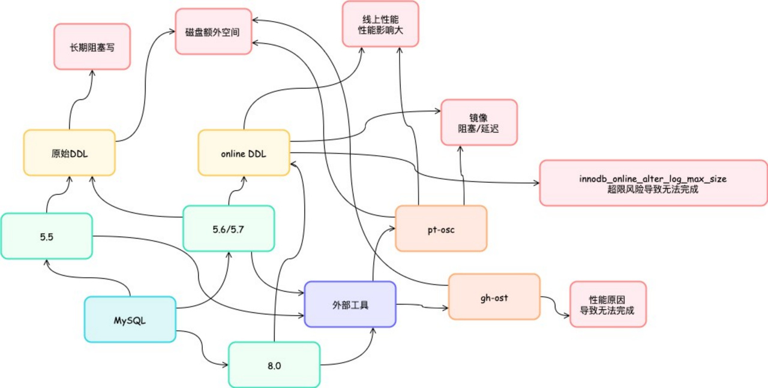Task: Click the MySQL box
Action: (x=130, y=320)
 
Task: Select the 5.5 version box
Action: (x=47, y=236)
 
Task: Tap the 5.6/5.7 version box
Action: (x=228, y=228)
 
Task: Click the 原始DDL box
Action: (x=69, y=153)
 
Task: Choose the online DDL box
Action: (x=244, y=153)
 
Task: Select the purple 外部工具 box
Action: (x=350, y=305)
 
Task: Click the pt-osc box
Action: (x=441, y=228)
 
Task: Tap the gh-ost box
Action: (x=494, y=297)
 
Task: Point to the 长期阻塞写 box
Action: (x=92, y=47)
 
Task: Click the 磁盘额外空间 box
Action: (x=213, y=32)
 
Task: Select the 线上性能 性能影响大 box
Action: (x=380, y=24)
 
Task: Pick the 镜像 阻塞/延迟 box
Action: (x=479, y=122)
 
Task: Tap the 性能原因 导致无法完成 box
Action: (x=607, y=305)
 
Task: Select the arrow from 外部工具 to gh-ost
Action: (x=422, y=306)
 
